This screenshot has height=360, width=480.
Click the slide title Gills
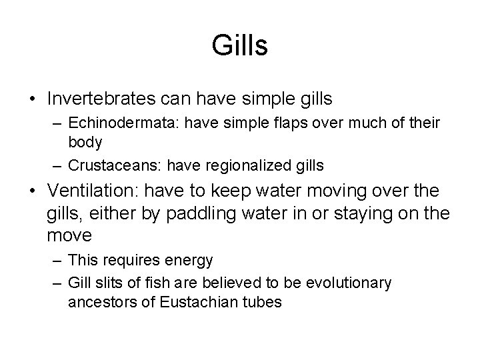click(x=240, y=46)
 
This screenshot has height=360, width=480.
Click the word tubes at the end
click(x=265, y=301)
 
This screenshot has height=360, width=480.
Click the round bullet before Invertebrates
click(x=34, y=99)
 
